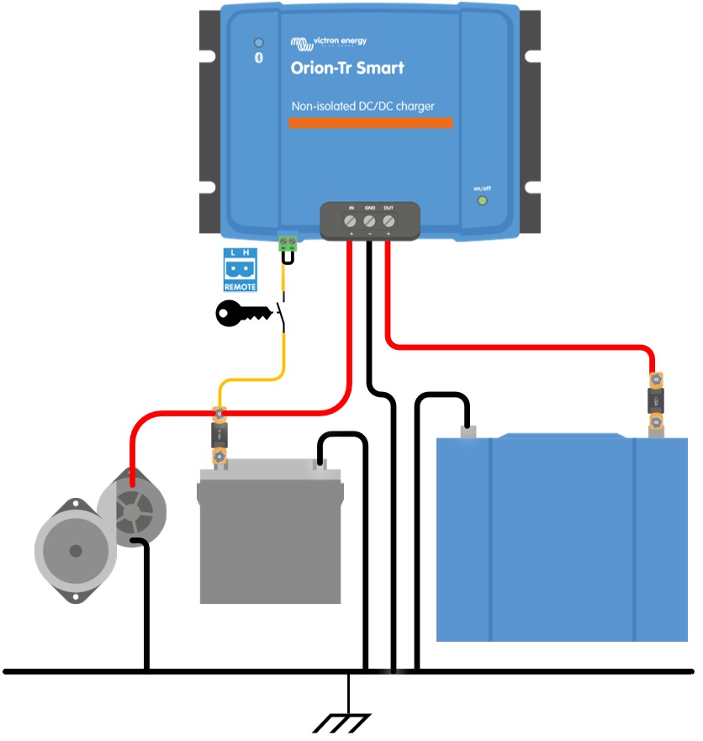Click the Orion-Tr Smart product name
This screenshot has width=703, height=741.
[x=346, y=68]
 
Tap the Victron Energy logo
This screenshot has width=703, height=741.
[x=328, y=42]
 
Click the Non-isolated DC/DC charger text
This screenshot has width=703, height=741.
[x=362, y=107]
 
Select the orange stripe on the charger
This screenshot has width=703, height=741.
[x=370, y=123]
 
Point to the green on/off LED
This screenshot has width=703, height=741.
[x=482, y=200]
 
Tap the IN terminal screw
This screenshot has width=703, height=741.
[x=351, y=220]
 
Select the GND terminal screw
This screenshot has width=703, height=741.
[x=369, y=220]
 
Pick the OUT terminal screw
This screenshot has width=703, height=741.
[x=388, y=220]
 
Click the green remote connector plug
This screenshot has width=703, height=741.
[x=288, y=244]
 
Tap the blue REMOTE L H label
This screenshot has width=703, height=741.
[x=240, y=270]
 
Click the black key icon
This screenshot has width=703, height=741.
[x=244, y=314]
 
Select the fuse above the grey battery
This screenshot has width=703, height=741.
[x=219, y=435]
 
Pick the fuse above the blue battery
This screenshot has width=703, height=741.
[x=655, y=401]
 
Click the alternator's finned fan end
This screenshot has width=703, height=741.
[x=132, y=508]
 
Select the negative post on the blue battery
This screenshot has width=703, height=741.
[x=468, y=432]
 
